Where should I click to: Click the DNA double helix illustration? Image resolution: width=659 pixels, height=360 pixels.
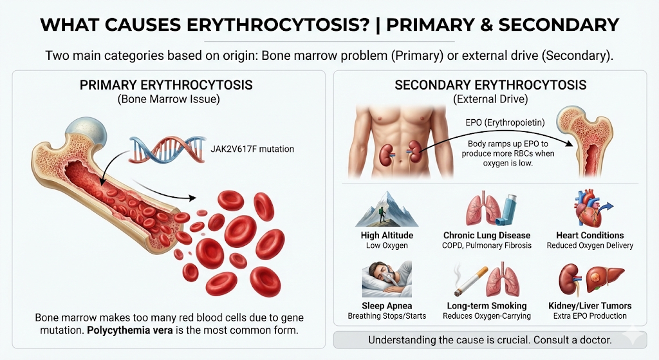(167, 149)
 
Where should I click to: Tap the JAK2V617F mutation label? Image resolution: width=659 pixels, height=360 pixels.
(252, 149)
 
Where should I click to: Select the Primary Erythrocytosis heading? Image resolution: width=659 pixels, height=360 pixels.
(166, 85)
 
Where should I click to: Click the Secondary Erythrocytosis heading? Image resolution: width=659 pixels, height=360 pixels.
(490, 85)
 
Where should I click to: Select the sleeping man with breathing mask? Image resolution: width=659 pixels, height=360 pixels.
(387, 279)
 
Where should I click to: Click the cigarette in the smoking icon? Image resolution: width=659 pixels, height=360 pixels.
(470, 280)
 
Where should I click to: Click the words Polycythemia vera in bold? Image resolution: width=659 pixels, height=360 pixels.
(130, 330)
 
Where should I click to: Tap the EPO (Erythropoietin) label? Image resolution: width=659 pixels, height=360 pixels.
(505, 123)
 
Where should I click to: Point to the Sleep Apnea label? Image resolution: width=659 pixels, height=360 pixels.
(387, 306)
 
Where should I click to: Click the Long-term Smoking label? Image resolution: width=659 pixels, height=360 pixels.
(487, 306)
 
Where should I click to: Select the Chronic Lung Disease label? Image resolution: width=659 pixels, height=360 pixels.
(487, 235)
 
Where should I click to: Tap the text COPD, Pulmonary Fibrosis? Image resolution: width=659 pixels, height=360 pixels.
(487, 245)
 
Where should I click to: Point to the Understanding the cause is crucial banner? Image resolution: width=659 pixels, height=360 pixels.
(490, 340)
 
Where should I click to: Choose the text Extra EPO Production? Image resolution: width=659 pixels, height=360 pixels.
(589, 316)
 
